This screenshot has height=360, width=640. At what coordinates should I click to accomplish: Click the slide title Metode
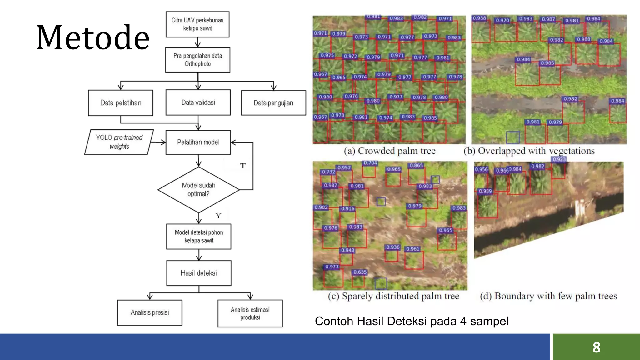93,38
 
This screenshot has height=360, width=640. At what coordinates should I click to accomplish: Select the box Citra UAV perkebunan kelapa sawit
197,24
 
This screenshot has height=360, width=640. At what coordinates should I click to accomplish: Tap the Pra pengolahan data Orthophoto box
198,60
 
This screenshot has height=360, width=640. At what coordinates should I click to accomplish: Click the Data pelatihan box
121,103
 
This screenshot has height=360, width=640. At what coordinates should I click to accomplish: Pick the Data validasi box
198,102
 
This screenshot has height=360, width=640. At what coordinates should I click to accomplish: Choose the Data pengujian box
273,103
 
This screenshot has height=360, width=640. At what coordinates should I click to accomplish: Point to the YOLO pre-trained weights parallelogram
119,142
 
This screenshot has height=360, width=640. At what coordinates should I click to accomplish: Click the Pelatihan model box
198,142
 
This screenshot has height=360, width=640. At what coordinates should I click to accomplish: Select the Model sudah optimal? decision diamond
198,189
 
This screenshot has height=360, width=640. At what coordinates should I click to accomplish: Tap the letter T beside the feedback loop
243,166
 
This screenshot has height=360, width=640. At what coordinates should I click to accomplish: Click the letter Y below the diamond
218,216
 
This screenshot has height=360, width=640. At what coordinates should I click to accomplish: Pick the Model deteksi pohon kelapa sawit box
199,236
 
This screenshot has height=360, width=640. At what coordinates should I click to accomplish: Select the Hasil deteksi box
199,273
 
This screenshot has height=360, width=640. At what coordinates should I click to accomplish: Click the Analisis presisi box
150,312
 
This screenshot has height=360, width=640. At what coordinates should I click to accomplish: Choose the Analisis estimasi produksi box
250,313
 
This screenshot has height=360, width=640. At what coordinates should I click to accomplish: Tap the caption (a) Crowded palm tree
390,151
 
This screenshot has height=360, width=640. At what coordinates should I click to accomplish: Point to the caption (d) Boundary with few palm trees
548,296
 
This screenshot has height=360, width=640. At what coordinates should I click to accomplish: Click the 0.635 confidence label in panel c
360,272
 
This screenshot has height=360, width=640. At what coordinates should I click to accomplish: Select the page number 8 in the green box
596,347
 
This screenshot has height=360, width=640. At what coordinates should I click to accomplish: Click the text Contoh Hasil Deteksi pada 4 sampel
412,321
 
